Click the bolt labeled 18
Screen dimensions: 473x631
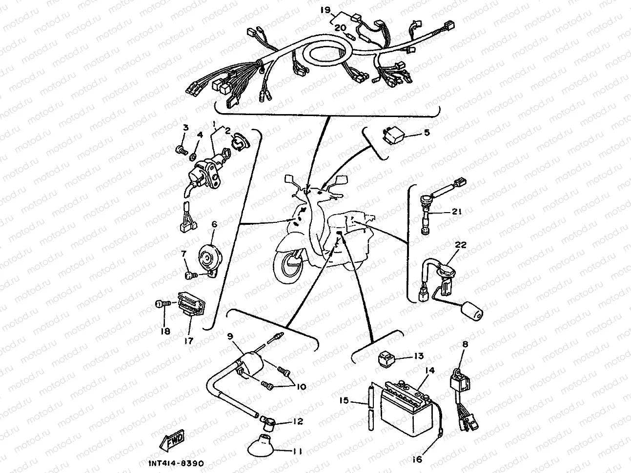pos(162,304)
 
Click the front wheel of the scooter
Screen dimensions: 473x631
pos(289,268)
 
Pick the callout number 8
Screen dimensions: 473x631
pos(465,345)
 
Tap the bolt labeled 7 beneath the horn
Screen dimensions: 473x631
pos(191,276)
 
